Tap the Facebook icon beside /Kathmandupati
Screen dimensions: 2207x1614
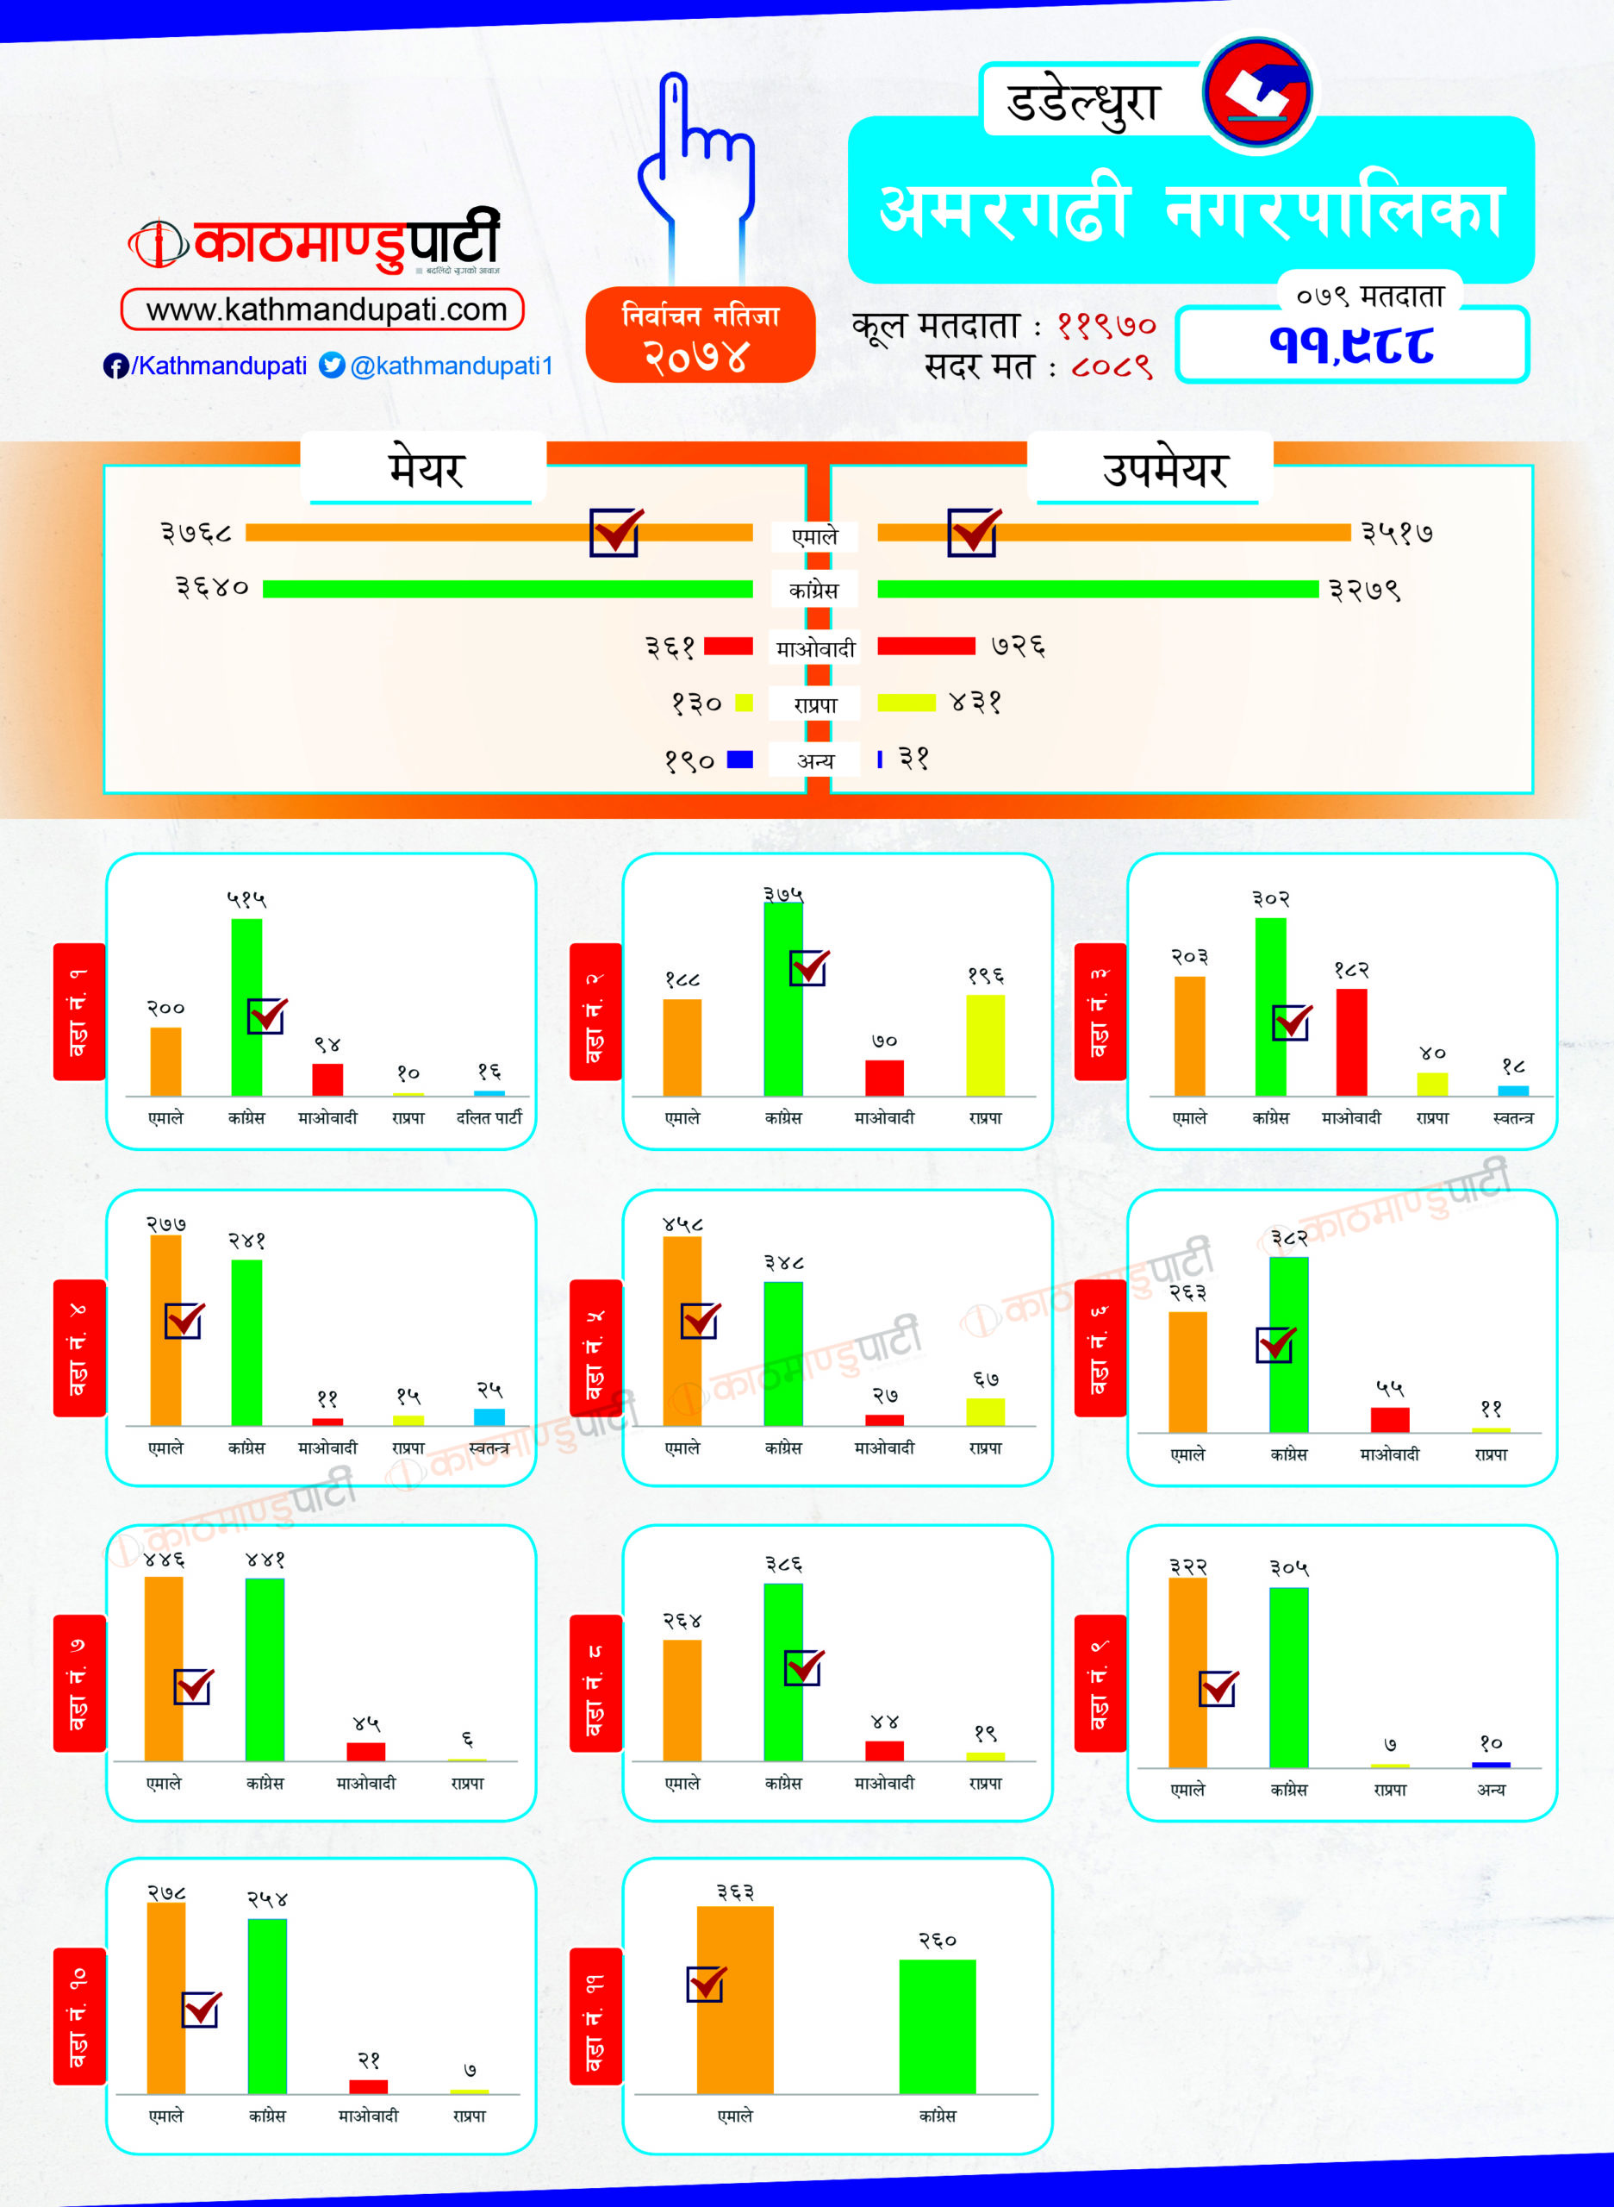coord(115,366)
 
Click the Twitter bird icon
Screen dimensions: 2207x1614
coord(332,365)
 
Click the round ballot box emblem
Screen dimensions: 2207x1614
coord(1257,93)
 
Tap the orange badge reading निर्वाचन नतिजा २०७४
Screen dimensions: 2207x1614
coord(700,335)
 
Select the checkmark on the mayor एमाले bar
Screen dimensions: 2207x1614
coord(615,532)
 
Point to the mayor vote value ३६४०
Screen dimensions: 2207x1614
coord(212,587)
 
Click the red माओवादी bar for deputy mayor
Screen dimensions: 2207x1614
coord(925,646)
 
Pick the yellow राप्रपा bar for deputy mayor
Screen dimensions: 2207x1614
coord(906,703)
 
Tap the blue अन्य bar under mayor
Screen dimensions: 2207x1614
coord(739,760)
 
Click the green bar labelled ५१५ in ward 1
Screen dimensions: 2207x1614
coord(246,1007)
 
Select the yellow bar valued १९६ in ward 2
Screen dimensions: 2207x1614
coord(985,1045)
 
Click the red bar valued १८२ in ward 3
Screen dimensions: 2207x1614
coord(1351,1042)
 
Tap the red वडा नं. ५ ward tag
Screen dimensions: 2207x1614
coord(594,1347)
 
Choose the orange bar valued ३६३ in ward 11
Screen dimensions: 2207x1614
coord(735,1999)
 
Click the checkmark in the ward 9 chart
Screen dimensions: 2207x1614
coord(1218,1688)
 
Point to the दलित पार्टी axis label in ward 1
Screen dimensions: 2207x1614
coord(489,1117)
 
